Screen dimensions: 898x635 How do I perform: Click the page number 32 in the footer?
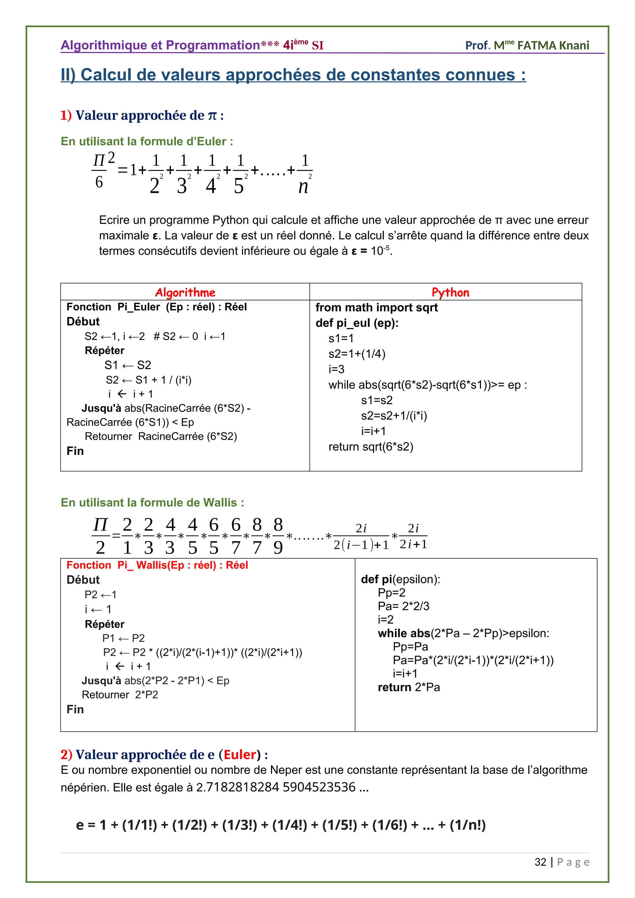[540, 862]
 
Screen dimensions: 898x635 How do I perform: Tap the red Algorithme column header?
[185, 292]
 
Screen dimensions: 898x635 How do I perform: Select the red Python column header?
[450, 292]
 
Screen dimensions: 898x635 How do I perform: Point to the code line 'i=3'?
[336, 369]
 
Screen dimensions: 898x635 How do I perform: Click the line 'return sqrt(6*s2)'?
[371, 447]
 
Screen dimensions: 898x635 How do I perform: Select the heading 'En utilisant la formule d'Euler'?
[147, 141]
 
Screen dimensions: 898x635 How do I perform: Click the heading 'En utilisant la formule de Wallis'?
[152, 503]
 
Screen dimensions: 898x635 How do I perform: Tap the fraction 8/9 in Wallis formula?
[278, 536]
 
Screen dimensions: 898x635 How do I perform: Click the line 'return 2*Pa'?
[409, 687]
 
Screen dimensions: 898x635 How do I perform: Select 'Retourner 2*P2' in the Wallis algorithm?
[120, 695]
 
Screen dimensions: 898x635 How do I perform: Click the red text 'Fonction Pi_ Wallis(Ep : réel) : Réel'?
[157, 565]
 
